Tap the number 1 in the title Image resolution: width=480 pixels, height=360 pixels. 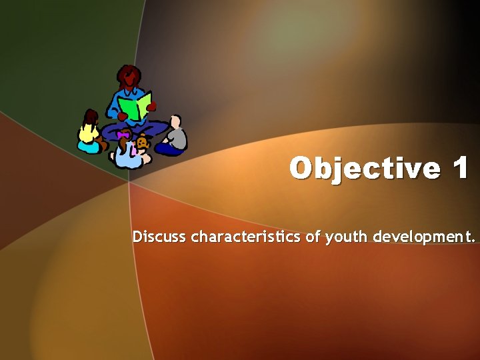tap(460, 169)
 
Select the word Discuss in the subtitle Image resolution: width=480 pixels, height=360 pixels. tap(159, 237)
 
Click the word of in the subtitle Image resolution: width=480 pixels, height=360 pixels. tap(313, 237)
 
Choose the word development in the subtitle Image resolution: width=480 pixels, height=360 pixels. tap(421, 237)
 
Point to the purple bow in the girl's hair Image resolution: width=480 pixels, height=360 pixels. tap(123, 135)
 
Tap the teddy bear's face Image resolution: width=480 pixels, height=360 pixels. tap(143, 143)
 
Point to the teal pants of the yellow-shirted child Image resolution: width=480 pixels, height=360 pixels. tap(88, 146)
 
